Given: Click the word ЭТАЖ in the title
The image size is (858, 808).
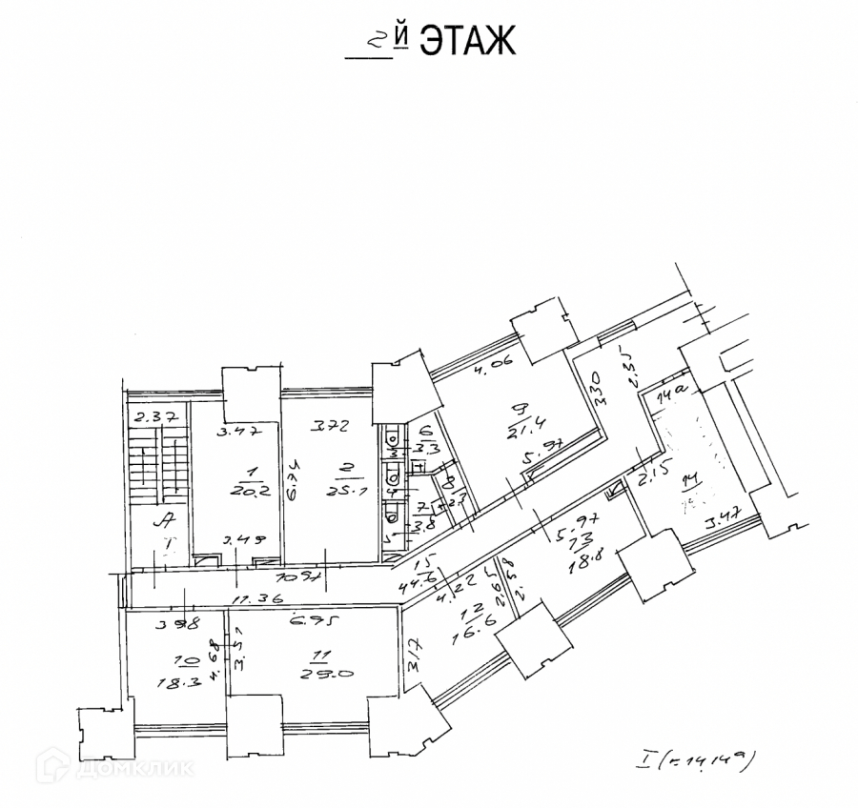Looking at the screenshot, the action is [x=467, y=41].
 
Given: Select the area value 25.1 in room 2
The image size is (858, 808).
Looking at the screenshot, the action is [x=338, y=492].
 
